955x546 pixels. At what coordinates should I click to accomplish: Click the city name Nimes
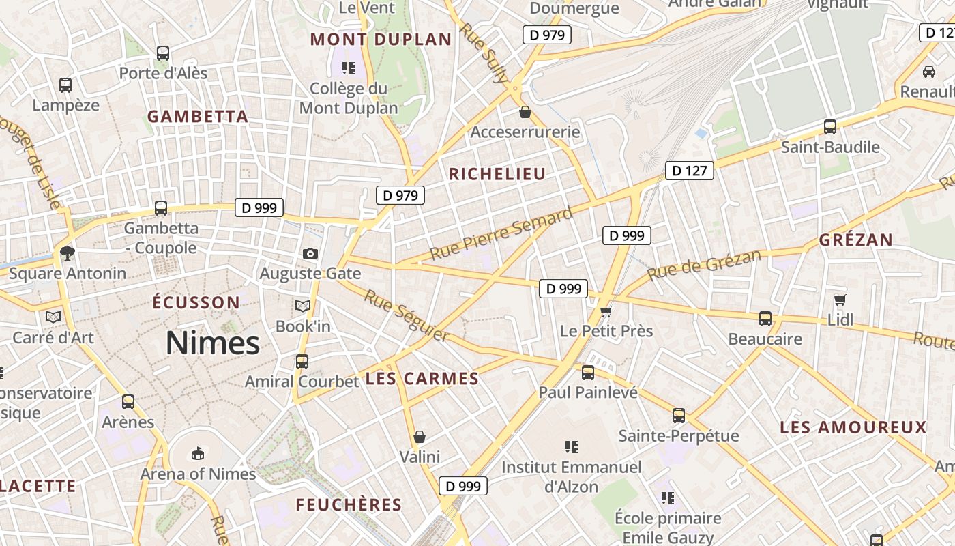point(213,343)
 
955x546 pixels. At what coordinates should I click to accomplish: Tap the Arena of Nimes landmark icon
point(198,453)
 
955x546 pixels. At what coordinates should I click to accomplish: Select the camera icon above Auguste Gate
point(310,254)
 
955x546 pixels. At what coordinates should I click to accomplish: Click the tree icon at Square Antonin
point(67,253)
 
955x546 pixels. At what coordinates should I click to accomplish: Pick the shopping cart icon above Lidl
point(840,300)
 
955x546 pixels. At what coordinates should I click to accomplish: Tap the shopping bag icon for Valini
point(420,437)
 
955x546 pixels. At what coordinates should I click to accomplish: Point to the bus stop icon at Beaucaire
point(765,319)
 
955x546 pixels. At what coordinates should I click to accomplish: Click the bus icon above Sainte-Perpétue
point(679,416)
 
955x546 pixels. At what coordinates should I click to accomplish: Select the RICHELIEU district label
point(497,174)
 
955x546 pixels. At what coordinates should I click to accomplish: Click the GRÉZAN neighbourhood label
point(856,240)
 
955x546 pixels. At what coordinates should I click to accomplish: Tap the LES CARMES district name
point(422,379)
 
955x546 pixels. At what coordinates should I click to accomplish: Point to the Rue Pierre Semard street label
point(501,235)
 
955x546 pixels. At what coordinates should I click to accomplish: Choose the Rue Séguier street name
point(407,316)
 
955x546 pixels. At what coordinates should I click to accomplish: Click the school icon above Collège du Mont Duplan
point(349,68)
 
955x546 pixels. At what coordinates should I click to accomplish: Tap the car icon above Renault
point(928,71)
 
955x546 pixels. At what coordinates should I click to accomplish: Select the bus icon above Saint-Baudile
point(830,127)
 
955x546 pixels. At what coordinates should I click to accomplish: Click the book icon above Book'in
point(303,306)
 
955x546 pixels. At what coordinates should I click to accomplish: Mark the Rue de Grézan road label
point(704,265)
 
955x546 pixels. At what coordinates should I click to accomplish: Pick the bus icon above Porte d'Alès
point(163,53)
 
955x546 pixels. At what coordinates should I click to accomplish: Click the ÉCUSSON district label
point(196,302)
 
